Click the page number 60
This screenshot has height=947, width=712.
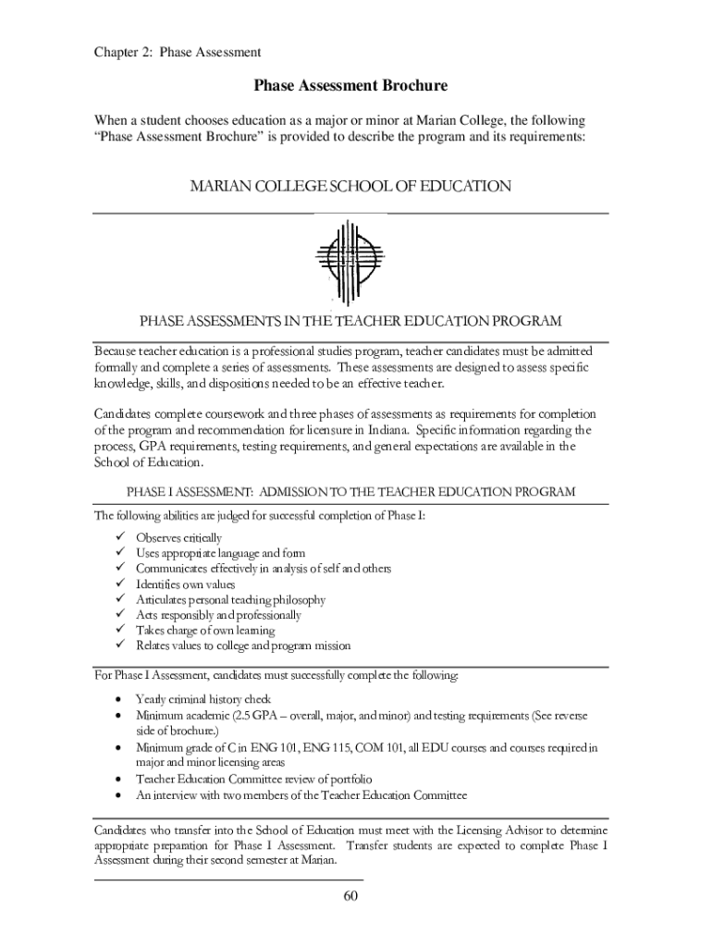[x=350, y=896]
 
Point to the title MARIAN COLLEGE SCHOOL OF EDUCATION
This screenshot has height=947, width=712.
[x=350, y=187]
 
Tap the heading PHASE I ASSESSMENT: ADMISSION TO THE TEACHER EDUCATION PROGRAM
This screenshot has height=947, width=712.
[x=350, y=492]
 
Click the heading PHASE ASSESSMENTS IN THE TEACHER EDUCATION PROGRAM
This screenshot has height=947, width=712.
[x=350, y=322]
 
